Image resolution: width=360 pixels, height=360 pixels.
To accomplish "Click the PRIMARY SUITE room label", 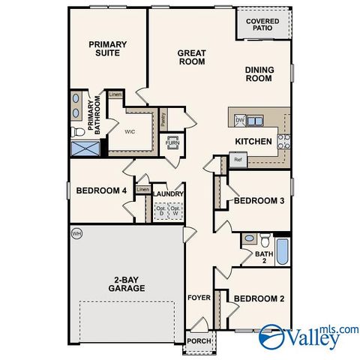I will (x=108, y=49).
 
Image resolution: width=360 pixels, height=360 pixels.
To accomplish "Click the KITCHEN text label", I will (x=253, y=141).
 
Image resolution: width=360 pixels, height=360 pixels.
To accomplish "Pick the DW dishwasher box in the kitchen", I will (x=240, y=120).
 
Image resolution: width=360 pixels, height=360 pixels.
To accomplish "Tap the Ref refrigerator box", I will (x=238, y=160).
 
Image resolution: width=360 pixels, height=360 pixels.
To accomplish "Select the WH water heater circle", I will (x=76, y=234).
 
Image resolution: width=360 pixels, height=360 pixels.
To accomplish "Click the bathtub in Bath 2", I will (x=282, y=251).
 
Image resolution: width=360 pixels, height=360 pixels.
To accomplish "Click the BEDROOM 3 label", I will (x=259, y=201).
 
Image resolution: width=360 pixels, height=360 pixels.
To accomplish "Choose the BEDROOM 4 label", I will (x=101, y=190).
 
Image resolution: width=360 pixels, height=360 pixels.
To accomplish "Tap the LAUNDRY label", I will (x=169, y=194).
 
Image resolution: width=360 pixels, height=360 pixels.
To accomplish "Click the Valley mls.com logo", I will (x=308, y=336).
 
